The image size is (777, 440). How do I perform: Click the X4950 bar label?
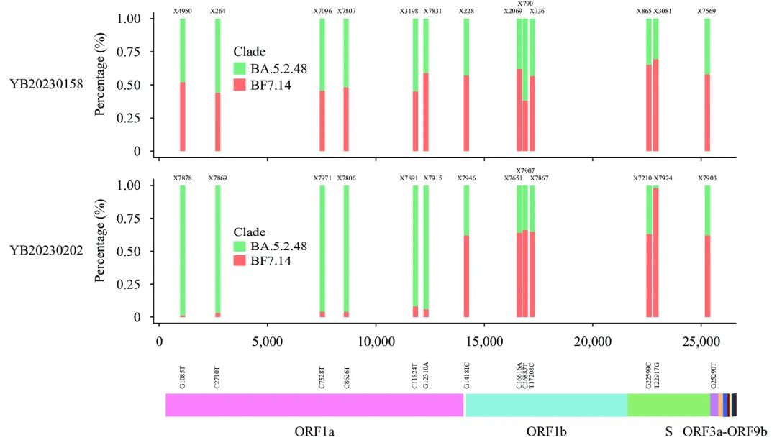[183, 12]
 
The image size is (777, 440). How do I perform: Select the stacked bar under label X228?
[466, 85]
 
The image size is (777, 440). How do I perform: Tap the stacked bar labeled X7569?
[707, 85]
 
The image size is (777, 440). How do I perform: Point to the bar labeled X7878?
[183, 251]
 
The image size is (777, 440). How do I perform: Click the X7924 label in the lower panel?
[663, 178]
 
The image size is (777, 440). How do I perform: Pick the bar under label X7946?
[466, 251]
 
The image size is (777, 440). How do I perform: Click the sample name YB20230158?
[46, 85]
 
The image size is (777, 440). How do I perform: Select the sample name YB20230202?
[46, 251]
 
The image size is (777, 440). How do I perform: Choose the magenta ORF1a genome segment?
[314, 405]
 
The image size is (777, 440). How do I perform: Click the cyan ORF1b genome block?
[546, 405]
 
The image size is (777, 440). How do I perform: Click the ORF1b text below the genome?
[547, 431]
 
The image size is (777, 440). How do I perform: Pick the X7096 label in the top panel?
[322, 12]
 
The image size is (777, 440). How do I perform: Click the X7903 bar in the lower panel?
[707, 251]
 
